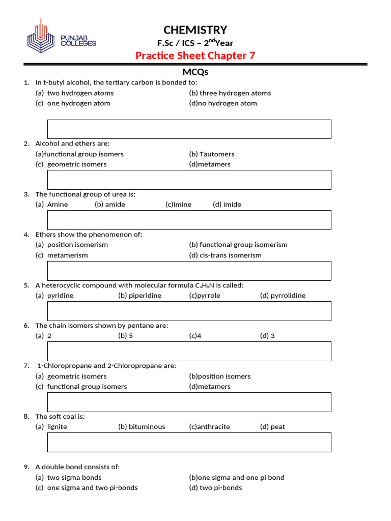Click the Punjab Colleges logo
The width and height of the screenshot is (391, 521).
pos(61,37)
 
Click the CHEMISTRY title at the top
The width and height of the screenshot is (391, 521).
pos(195,30)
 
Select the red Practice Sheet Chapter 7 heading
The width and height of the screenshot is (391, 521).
pos(195,55)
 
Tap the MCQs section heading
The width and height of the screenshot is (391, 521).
pos(195,72)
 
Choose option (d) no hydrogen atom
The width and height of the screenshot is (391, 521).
pos(223,103)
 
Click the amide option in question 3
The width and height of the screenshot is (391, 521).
pos(109,205)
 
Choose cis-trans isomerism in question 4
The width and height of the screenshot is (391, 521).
pos(225,255)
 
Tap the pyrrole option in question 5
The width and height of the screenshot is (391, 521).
pos(205,296)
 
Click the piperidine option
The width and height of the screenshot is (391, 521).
pos(139,296)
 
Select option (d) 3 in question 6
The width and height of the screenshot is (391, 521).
pos(267,336)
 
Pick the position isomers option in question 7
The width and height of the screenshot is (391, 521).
pos(220,377)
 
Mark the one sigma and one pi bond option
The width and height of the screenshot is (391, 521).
pos(237,478)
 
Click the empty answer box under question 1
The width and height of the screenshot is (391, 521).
pos(189,129)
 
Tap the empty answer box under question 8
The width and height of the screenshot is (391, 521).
pos(189,442)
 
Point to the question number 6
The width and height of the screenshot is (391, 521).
pos(26,326)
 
